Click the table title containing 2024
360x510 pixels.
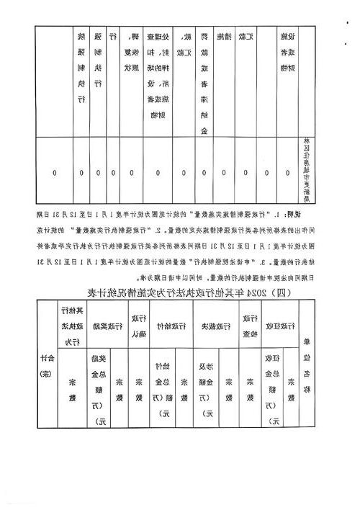(x=179, y=292)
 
